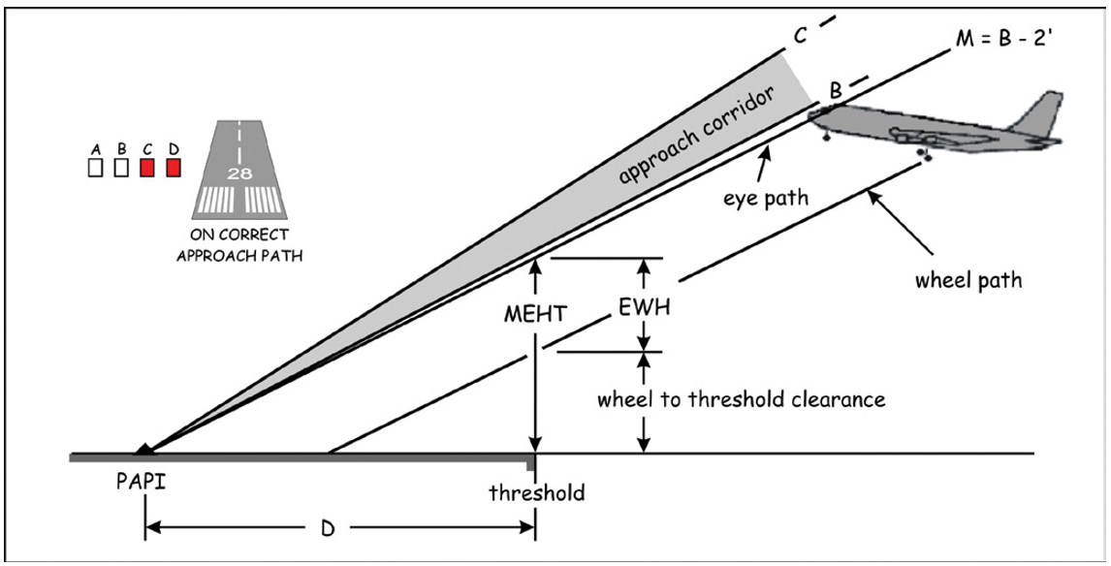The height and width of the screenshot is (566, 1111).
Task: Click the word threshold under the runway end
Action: [x=536, y=493]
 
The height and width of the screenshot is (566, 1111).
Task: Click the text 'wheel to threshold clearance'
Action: [x=740, y=399]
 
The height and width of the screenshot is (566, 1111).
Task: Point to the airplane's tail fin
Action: [x=1038, y=114]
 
